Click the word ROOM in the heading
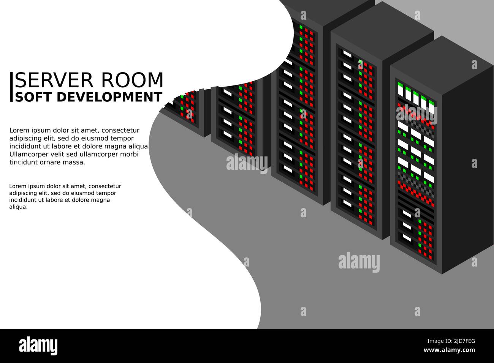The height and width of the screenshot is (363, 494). [x=132, y=80]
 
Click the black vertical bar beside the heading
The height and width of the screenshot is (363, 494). [x=11, y=87]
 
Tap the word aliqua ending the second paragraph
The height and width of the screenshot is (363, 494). [x=18, y=207]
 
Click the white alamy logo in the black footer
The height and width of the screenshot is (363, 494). [x=38, y=346]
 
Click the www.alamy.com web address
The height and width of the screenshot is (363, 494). [x=449, y=350]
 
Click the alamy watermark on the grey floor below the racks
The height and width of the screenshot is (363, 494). [x=359, y=262]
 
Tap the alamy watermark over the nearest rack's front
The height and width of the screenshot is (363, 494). [x=416, y=114]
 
